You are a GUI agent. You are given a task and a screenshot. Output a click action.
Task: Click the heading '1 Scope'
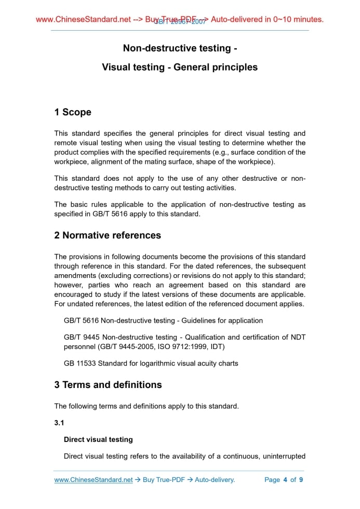[73, 112]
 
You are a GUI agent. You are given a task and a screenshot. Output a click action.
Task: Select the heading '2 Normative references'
[108, 235]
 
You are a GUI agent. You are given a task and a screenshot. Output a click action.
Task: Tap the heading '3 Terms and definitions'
[108, 385]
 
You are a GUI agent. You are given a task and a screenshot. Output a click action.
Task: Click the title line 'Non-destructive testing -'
[180, 48]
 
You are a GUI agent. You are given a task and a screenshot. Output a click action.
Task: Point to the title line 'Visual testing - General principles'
[180, 67]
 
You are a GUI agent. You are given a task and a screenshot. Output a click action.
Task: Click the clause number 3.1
[60, 423]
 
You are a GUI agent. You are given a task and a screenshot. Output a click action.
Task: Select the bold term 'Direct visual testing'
[98, 439]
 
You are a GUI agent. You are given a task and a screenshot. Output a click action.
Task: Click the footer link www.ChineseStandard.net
[94, 480]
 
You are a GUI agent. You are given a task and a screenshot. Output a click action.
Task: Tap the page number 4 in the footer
[285, 480]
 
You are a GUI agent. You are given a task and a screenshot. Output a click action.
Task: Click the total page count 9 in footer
[301, 480]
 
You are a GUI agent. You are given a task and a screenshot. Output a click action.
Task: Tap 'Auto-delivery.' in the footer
[215, 480]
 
